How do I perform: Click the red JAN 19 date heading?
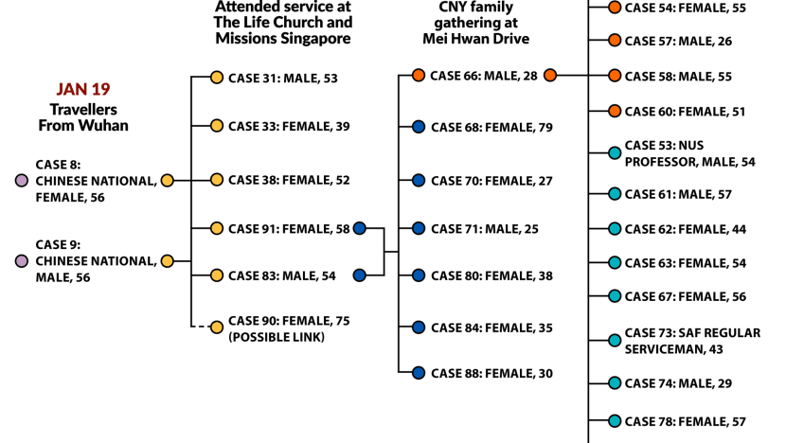[x=83, y=89]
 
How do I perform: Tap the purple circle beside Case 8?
[x=22, y=181]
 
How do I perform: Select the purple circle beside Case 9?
[x=22, y=261]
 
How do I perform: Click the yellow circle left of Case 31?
[x=217, y=78]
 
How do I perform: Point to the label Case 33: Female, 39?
[x=289, y=126]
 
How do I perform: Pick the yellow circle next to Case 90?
[x=217, y=328]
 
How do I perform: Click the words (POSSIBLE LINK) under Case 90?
[x=277, y=337]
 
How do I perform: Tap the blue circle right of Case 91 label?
[x=360, y=228]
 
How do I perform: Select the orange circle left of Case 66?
[x=419, y=75]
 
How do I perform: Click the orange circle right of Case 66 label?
[x=550, y=75]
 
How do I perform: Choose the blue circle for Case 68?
[x=419, y=127]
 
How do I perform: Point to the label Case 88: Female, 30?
[x=491, y=373]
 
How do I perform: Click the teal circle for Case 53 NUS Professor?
[x=615, y=152]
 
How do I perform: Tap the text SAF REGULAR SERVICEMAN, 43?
[x=692, y=341]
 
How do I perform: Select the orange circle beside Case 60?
[x=615, y=111]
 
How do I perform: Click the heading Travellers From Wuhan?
[x=83, y=117]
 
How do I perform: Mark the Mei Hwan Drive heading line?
[x=475, y=39]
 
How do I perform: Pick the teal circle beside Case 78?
[x=615, y=421]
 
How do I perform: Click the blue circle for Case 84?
[x=419, y=328]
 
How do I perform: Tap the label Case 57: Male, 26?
[x=678, y=41]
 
